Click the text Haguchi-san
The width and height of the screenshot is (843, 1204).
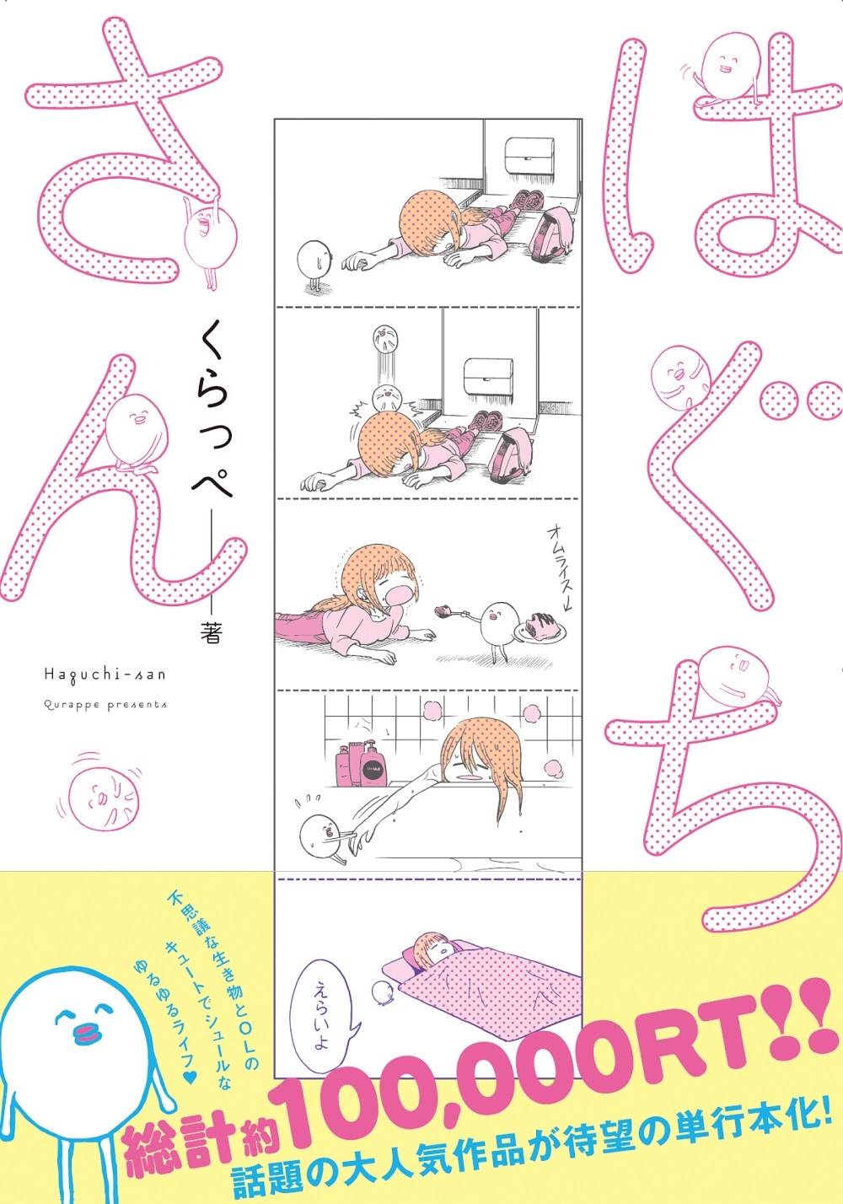point(105,675)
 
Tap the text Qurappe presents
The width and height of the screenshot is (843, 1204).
point(105,705)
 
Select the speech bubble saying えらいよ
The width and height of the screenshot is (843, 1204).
point(324,1010)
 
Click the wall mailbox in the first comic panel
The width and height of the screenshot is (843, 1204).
point(529,152)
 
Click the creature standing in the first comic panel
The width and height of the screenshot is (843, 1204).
point(314,265)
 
